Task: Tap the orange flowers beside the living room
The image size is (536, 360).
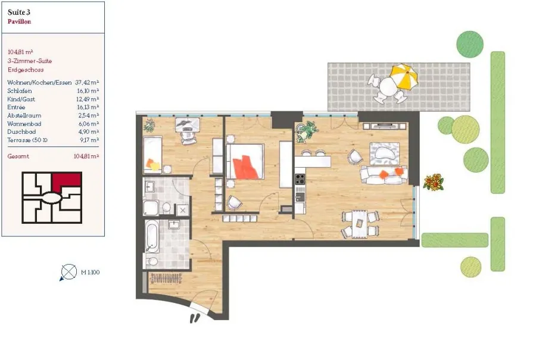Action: (x=434, y=182)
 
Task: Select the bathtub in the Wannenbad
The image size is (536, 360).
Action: (x=152, y=236)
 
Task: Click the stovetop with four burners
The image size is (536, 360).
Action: (x=300, y=179)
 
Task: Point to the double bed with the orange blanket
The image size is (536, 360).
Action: (x=245, y=162)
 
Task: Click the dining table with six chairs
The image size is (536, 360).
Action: (x=360, y=224)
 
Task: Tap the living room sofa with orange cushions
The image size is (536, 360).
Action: (x=384, y=175)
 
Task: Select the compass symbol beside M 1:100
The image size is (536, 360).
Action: (x=68, y=273)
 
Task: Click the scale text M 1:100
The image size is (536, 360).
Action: (x=91, y=272)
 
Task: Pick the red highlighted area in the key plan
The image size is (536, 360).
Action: (x=67, y=180)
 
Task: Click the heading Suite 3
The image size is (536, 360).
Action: (x=19, y=12)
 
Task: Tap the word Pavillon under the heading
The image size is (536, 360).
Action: (x=20, y=21)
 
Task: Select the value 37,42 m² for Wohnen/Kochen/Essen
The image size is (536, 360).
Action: (x=87, y=82)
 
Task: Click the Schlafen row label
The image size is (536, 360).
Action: (x=20, y=91)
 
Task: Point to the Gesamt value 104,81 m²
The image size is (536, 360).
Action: (x=86, y=156)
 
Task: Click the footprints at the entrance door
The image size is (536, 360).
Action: (x=195, y=318)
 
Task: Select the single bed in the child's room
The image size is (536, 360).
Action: (x=152, y=155)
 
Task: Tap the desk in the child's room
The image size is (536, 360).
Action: (x=188, y=125)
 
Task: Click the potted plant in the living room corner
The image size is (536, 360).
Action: (x=307, y=132)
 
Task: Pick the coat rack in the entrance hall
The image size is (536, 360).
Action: (x=166, y=278)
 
